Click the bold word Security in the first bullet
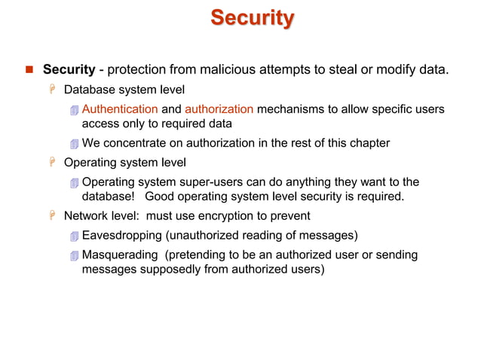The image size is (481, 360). coord(69,71)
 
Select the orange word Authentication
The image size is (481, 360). coord(120,110)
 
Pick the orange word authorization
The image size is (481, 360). coord(219,110)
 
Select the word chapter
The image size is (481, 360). coord(366,143)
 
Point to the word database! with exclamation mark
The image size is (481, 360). coord(109,197)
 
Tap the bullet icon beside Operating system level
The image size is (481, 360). coord(53,163)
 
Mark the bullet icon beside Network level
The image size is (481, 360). coord(53,216)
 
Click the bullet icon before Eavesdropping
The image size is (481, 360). coord(73,236)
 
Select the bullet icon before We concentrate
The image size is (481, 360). coord(73,144)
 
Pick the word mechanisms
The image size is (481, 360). coord(290,110)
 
